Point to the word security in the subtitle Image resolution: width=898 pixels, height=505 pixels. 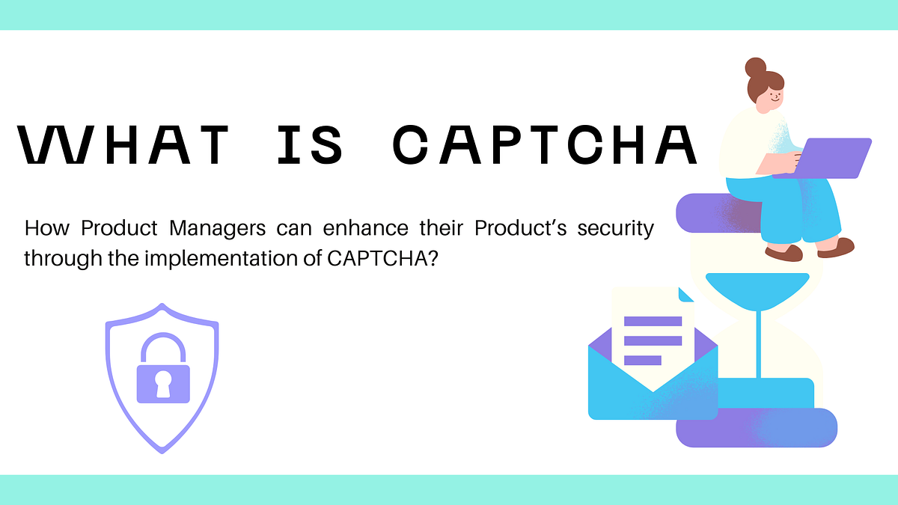[616, 227]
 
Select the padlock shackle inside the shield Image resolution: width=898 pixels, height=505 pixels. [163, 347]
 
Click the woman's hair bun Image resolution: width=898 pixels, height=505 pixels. [756, 67]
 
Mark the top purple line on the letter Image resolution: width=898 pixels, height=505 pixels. [653, 322]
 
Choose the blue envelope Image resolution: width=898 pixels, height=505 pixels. [651, 389]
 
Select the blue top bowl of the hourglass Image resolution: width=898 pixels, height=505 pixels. [758, 288]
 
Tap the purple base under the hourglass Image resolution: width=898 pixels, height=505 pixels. [756, 429]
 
